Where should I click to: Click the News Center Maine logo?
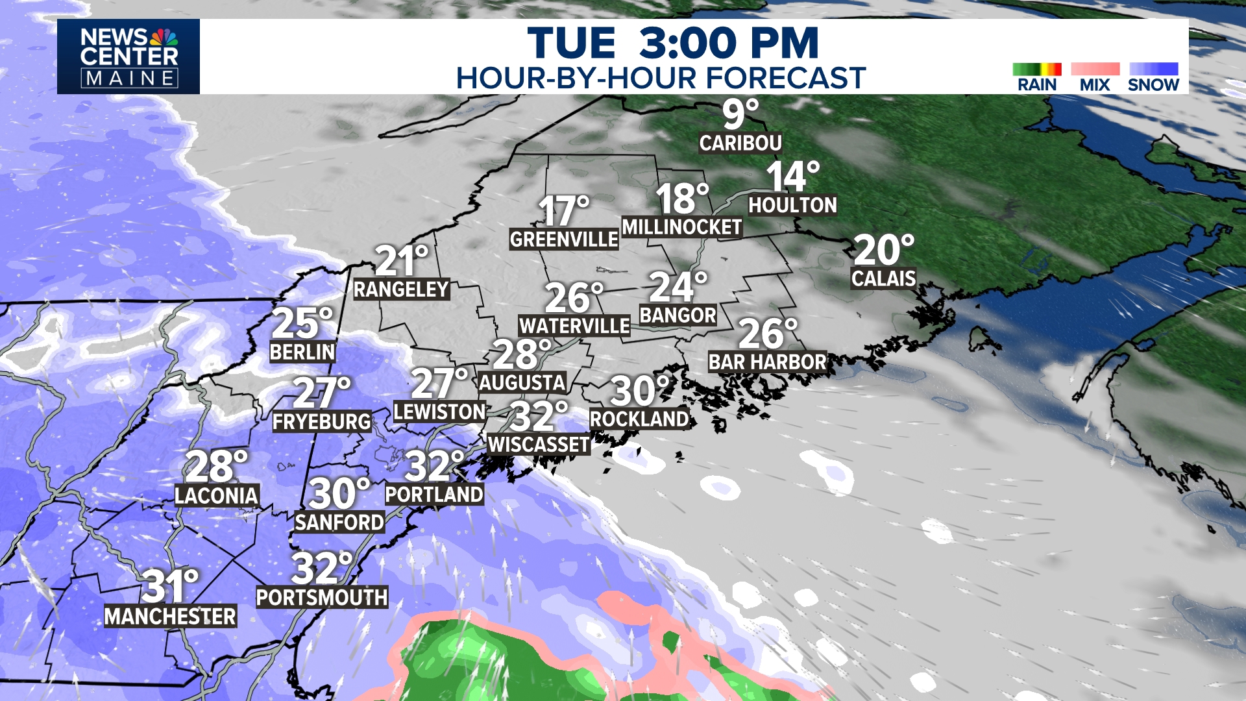pyautogui.click(x=128, y=56)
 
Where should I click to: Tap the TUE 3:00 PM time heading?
pyautogui.click(x=672, y=43)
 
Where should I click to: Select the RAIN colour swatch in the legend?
pyautogui.click(x=1036, y=69)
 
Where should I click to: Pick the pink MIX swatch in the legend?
pyautogui.click(x=1095, y=69)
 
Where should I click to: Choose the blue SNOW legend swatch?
pyautogui.click(x=1153, y=69)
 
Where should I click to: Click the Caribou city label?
pyautogui.click(x=740, y=143)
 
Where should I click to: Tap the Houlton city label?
pyautogui.click(x=792, y=205)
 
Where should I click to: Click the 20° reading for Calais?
pyautogui.click(x=883, y=250)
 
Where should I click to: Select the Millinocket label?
pyautogui.click(x=681, y=227)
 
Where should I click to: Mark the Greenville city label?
pyautogui.click(x=563, y=240)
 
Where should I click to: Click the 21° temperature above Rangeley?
pyautogui.click(x=401, y=261)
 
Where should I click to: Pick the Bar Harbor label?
pyautogui.click(x=767, y=362)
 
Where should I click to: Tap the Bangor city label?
pyautogui.click(x=678, y=315)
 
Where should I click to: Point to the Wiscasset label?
pyautogui.click(x=539, y=445)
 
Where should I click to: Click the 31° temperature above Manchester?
pyautogui.click(x=169, y=586)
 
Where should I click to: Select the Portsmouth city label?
pyautogui.click(x=322, y=597)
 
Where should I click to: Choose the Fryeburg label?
pyautogui.click(x=321, y=422)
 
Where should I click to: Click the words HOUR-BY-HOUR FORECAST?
pyautogui.click(x=661, y=79)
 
